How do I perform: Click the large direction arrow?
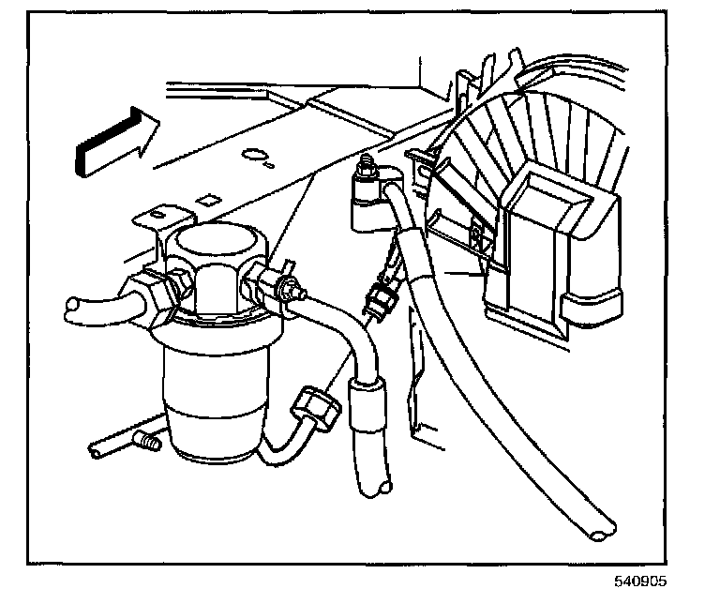(x=118, y=142)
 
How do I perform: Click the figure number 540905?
(x=640, y=581)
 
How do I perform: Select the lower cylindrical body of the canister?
(x=215, y=405)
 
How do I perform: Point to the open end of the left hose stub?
(x=71, y=306)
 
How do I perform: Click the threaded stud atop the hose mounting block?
(x=367, y=165)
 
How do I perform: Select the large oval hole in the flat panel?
(x=253, y=154)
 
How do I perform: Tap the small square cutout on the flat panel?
(x=207, y=199)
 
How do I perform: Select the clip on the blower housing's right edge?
(x=592, y=307)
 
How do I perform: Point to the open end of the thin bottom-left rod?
(x=95, y=451)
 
